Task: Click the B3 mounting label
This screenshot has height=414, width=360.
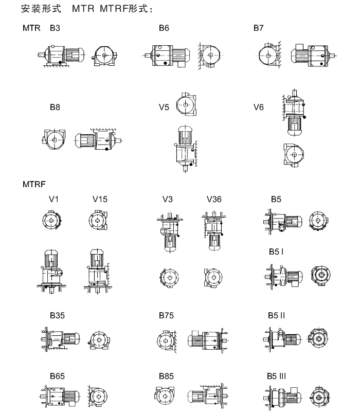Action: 55,28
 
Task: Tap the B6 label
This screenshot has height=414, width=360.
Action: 164,28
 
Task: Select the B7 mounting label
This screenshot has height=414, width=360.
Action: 258,28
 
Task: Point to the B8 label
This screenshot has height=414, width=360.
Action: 55,107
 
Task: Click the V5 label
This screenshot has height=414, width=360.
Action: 164,107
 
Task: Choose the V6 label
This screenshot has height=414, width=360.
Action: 258,107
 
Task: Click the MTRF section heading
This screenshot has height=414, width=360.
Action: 34,184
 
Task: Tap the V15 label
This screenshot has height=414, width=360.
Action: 100,199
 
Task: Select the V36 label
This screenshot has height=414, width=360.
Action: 214,199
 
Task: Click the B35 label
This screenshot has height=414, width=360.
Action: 57,315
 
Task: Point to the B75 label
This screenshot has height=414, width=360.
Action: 166,315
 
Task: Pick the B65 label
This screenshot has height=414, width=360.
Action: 57,376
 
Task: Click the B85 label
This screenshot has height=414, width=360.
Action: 166,376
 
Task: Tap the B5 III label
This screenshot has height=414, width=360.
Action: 276,376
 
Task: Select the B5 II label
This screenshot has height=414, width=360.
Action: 276,315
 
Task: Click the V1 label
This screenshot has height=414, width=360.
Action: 53,199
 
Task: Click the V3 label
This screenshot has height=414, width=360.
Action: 168,199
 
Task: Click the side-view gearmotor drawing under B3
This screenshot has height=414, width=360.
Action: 61,56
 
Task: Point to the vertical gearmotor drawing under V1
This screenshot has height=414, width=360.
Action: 50,271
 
